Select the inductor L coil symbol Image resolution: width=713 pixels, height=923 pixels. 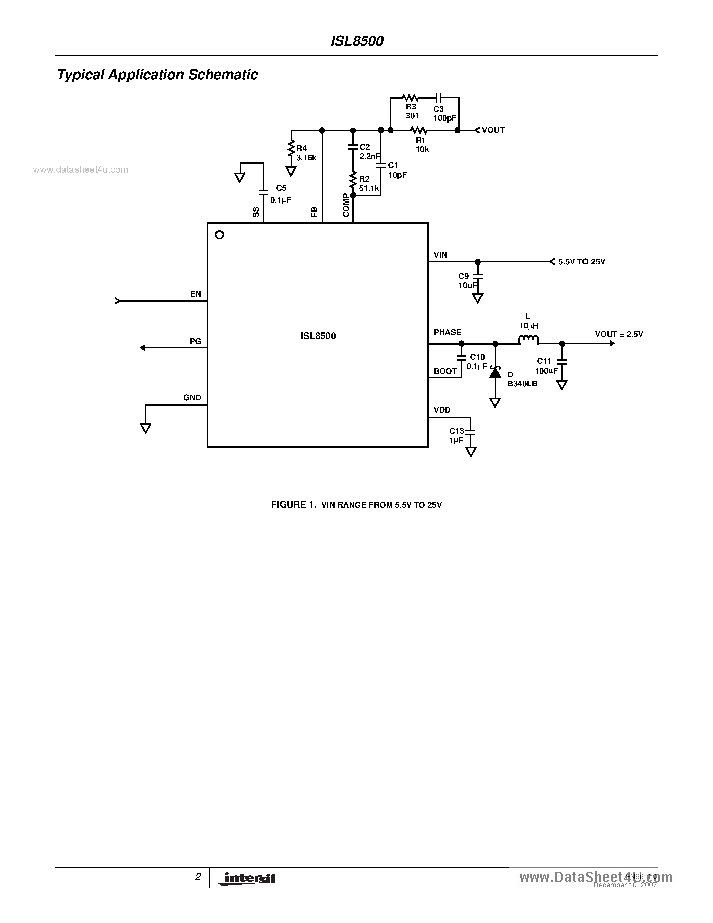click(528, 339)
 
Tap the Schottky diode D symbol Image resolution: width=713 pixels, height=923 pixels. click(495, 372)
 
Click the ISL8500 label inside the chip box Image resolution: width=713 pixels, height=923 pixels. click(318, 336)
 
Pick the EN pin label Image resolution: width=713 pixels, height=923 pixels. click(195, 294)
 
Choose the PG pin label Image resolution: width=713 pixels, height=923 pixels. click(195, 341)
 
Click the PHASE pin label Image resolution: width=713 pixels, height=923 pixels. click(447, 332)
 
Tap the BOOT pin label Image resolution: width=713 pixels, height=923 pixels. click(445, 371)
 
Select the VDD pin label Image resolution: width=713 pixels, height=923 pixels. click(442, 410)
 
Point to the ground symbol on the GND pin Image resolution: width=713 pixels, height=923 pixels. click(145, 428)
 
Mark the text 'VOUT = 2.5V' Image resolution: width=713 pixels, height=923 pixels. click(618, 334)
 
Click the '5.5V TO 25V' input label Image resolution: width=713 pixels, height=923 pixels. click(581, 262)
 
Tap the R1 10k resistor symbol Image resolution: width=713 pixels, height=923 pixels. click(419, 130)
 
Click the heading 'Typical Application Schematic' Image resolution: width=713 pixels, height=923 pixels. click(157, 75)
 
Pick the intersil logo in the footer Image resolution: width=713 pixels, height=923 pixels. click(247, 879)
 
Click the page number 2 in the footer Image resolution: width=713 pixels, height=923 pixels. click(198, 877)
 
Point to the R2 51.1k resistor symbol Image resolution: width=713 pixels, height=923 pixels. click(353, 180)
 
